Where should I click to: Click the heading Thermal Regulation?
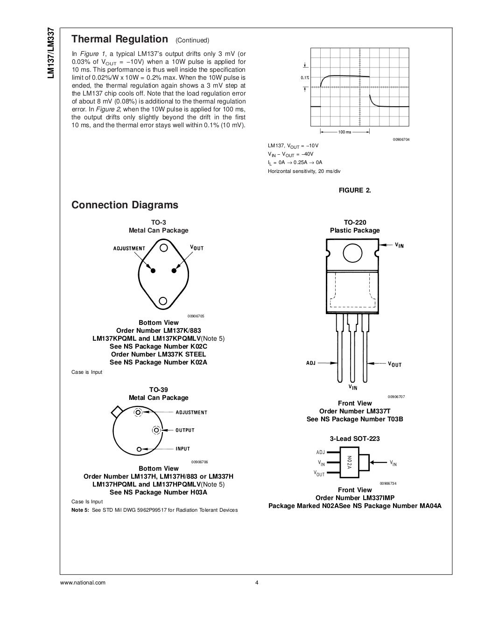coord(119,39)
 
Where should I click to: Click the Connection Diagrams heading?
coord(125,205)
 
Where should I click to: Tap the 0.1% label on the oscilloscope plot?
coord(304,78)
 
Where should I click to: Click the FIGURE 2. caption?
coord(355,190)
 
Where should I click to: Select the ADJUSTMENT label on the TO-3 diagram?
coord(129,248)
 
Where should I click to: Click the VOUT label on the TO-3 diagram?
coord(197,247)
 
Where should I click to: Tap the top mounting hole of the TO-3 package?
coord(163,248)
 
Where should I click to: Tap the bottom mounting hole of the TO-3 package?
coord(163,302)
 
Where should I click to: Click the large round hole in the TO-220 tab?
coord(352,253)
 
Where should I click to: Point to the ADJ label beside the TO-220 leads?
coord(311,363)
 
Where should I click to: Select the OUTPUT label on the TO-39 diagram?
coord(185,430)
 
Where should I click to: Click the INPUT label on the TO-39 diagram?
coord(183,449)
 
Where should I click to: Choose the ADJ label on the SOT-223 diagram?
coord(320,452)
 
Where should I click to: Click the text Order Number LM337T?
coord(355,411)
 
